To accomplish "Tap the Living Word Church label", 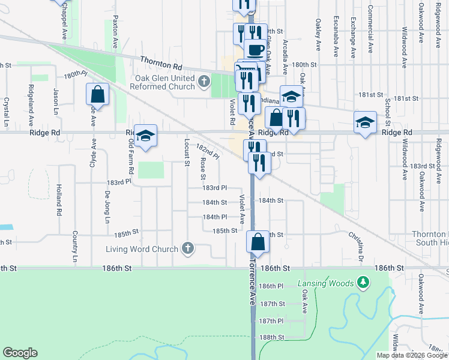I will [x=142, y=249].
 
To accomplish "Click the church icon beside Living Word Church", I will [x=188, y=248].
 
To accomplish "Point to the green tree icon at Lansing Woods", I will [x=362, y=282].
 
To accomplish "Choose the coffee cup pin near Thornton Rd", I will [x=255, y=50].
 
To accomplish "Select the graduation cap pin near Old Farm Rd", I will [x=145, y=136].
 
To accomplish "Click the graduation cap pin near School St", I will [x=364, y=122].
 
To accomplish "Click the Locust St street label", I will [x=187, y=152].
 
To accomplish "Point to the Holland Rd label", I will [x=59, y=200].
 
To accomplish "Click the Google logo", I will [x=20, y=353].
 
